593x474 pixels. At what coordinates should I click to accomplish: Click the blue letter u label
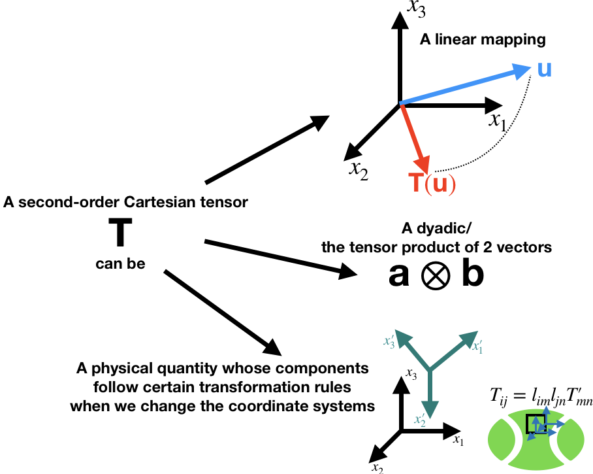coord(544,69)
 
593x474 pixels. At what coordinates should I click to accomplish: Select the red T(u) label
coord(432,184)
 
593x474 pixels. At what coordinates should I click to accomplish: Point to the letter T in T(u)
coord(415,184)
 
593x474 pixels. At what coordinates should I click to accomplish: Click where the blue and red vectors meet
coord(401,103)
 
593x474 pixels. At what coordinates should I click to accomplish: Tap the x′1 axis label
coord(477,347)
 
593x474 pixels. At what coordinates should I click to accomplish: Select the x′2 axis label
coord(420,420)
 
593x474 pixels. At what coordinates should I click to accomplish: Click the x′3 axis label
coord(389,341)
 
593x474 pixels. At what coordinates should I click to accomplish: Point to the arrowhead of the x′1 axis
coord(470,338)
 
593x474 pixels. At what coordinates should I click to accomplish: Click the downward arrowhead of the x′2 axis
coord(430,409)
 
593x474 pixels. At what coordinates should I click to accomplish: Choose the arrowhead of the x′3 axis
coord(402,337)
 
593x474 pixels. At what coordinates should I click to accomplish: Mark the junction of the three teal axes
coord(430,371)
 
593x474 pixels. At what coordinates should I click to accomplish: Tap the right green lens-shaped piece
coord(570,439)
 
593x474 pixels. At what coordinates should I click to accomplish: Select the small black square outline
coord(536,424)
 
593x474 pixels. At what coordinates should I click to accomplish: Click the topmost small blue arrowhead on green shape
coord(546,410)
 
